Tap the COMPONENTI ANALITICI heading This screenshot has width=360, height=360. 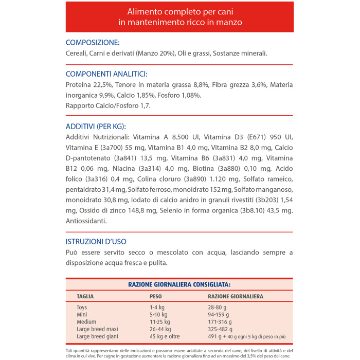point(106,74)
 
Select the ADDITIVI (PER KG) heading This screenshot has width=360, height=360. point(96,126)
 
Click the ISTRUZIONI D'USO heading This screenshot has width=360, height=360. point(96,241)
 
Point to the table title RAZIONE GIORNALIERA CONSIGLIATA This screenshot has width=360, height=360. point(179,284)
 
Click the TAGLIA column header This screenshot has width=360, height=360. point(85,296)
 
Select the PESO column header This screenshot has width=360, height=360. point(155,296)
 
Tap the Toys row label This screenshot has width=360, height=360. point(82,308)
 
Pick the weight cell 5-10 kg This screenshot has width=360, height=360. point(159,315)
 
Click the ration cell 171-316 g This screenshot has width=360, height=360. point(220,322)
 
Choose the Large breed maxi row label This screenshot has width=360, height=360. point(97,329)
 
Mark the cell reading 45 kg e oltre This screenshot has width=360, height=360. point(165,336)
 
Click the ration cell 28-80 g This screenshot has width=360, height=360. point(218,308)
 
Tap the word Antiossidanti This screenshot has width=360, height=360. point(86,221)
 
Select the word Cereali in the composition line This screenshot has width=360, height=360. point(76,53)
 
